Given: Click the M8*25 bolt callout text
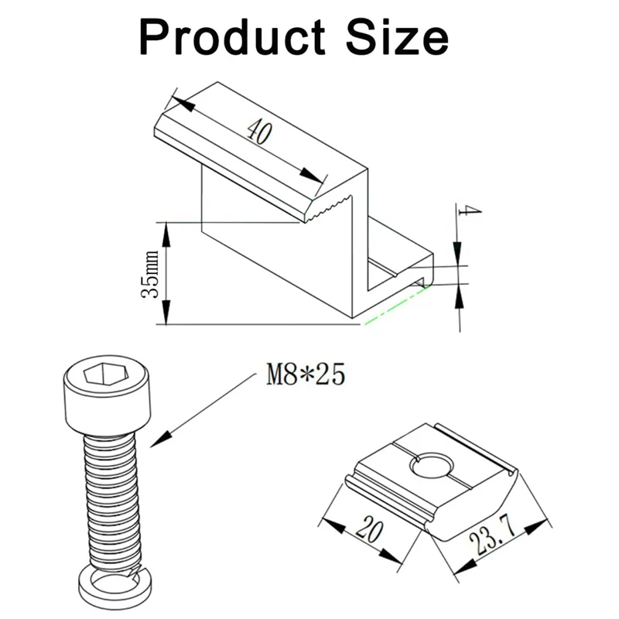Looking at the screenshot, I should pos(304,376).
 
